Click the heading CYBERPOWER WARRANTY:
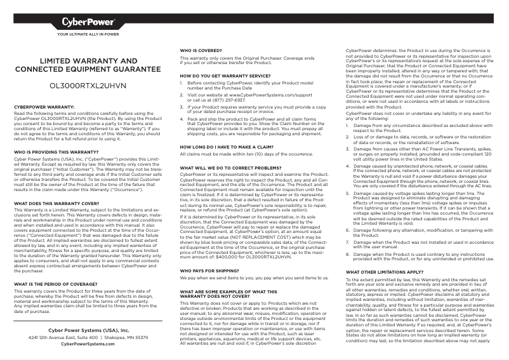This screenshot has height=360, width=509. pyautogui.click(x=44, y=107)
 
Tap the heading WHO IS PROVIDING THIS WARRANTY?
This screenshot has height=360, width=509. pyautogui.click(x=56, y=152)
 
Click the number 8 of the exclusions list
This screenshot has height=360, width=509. pyautogui.click(x=347, y=255)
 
